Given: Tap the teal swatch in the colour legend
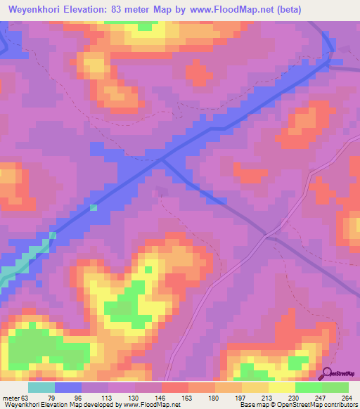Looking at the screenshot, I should pos(41,387).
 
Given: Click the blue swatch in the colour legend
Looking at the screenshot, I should pos(68,387).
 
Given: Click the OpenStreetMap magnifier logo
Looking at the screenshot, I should pos(326,373).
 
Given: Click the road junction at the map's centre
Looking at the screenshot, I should pos(162,160).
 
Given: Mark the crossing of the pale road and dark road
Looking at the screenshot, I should pos(266,235).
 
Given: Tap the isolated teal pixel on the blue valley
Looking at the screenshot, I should pos(94,207).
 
